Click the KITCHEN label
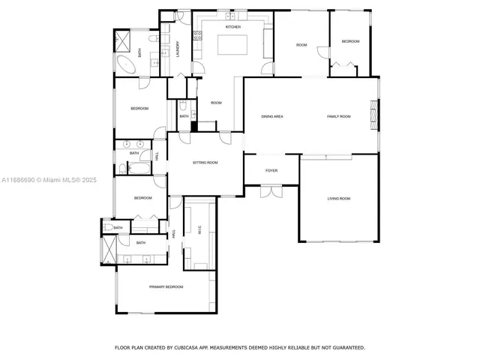232,27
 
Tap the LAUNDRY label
178,48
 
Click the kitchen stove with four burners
199,34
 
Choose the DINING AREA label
271,116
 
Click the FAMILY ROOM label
339,116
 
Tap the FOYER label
271,170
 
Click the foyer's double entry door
271,190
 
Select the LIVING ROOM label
339,199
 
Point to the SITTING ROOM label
205,162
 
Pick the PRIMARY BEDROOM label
166,287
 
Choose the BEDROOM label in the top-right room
350,41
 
